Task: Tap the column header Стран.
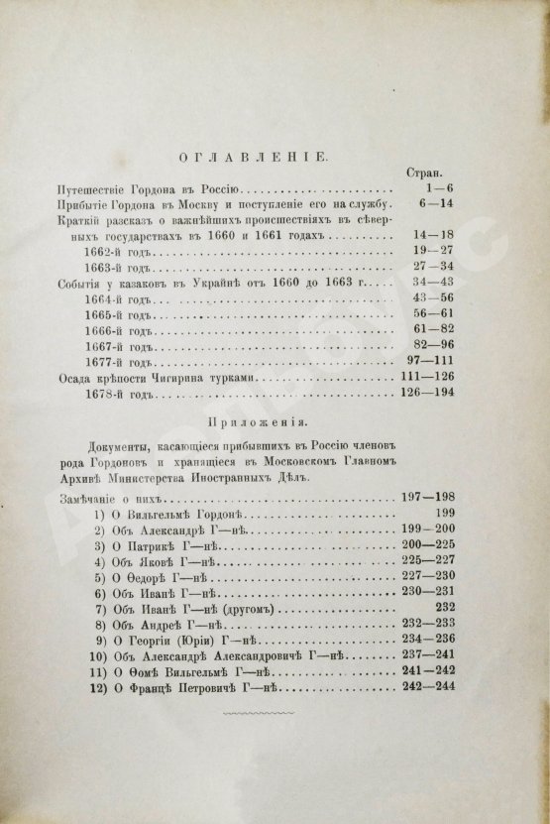(427, 171)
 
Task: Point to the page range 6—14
(432, 204)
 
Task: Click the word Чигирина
(191, 382)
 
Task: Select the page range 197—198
(426, 494)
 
